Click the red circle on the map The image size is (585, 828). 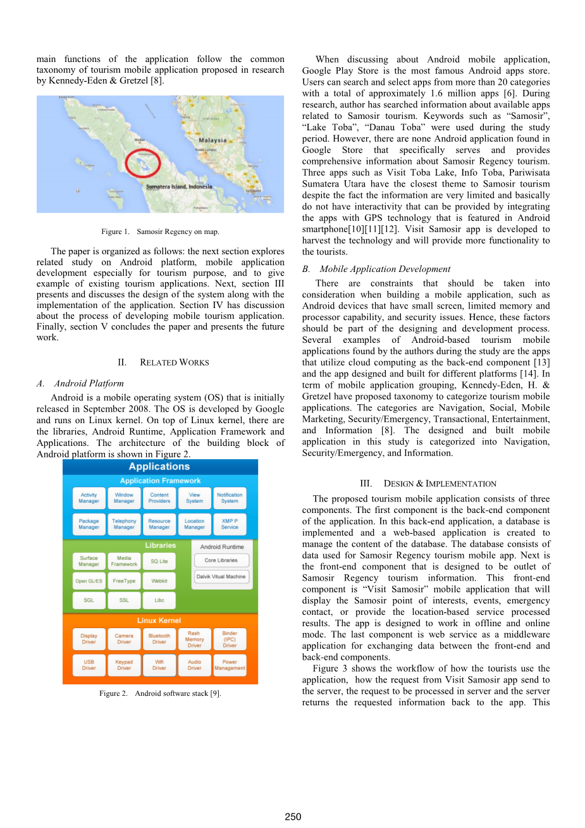pyautogui.click(x=142, y=163)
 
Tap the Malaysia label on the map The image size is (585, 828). pyautogui.click(x=212, y=140)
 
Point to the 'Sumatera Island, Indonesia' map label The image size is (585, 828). pyautogui.click(x=179, y=187)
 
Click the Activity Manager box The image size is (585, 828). pyautogui.click(x=89, y=498)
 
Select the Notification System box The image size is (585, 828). pyautogui.click(x=230, y=498)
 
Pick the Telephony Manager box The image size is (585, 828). pyautogui.click(x=124, y=524)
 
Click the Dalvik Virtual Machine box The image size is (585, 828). pyautogui.click(x=221, y=577)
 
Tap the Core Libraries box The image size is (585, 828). pyautogui.click(x=221, y=560)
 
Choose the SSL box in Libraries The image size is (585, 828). pyautogui.click(x=124, y=600)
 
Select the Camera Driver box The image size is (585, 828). pyautogui.click(x=124, y=639)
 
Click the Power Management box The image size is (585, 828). pyautogui.click(x=230, y=665)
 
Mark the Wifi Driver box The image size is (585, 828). pyautogui.click(x=159, y=665)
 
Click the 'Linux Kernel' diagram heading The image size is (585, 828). pyautogui.click(x=159, y=621)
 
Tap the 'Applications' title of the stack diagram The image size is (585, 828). pyautogui.click(x=159, y=467)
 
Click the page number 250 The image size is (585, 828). pyautogui.click(x=293, y=817)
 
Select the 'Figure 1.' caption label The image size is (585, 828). pyautogui.click(x=115, y=232)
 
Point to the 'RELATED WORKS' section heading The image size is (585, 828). pyautogui.click(x=174, y=362)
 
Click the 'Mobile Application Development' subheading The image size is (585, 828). pyautogui.click(x=385, y=269)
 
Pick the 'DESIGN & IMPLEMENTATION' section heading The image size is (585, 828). pyautogui.click(x=440, y=484)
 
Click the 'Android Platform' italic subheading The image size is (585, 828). pyautogui.click(x=89, y=383)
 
